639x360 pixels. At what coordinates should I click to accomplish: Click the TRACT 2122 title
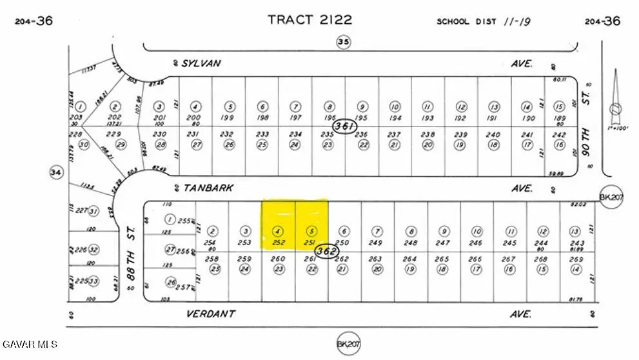(310, 19)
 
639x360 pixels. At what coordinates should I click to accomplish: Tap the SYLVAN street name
(201, 63)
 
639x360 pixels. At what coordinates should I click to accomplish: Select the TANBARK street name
(208, 188)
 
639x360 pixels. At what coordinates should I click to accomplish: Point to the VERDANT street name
(210, 314)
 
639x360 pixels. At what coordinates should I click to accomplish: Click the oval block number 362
(328, 250)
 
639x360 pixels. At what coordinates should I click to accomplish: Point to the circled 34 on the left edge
(55, 172)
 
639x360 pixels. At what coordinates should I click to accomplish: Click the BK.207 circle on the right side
(609, 196)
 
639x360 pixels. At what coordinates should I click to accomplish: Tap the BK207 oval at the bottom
(348, 344)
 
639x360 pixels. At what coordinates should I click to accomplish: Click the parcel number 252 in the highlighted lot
(278, 243)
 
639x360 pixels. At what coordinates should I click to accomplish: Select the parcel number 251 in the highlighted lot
(311, 243)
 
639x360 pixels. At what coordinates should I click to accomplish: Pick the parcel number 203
(81, 117)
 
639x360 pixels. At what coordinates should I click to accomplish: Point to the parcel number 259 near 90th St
(576, 259)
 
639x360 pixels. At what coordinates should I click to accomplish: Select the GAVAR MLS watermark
(30, 344)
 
